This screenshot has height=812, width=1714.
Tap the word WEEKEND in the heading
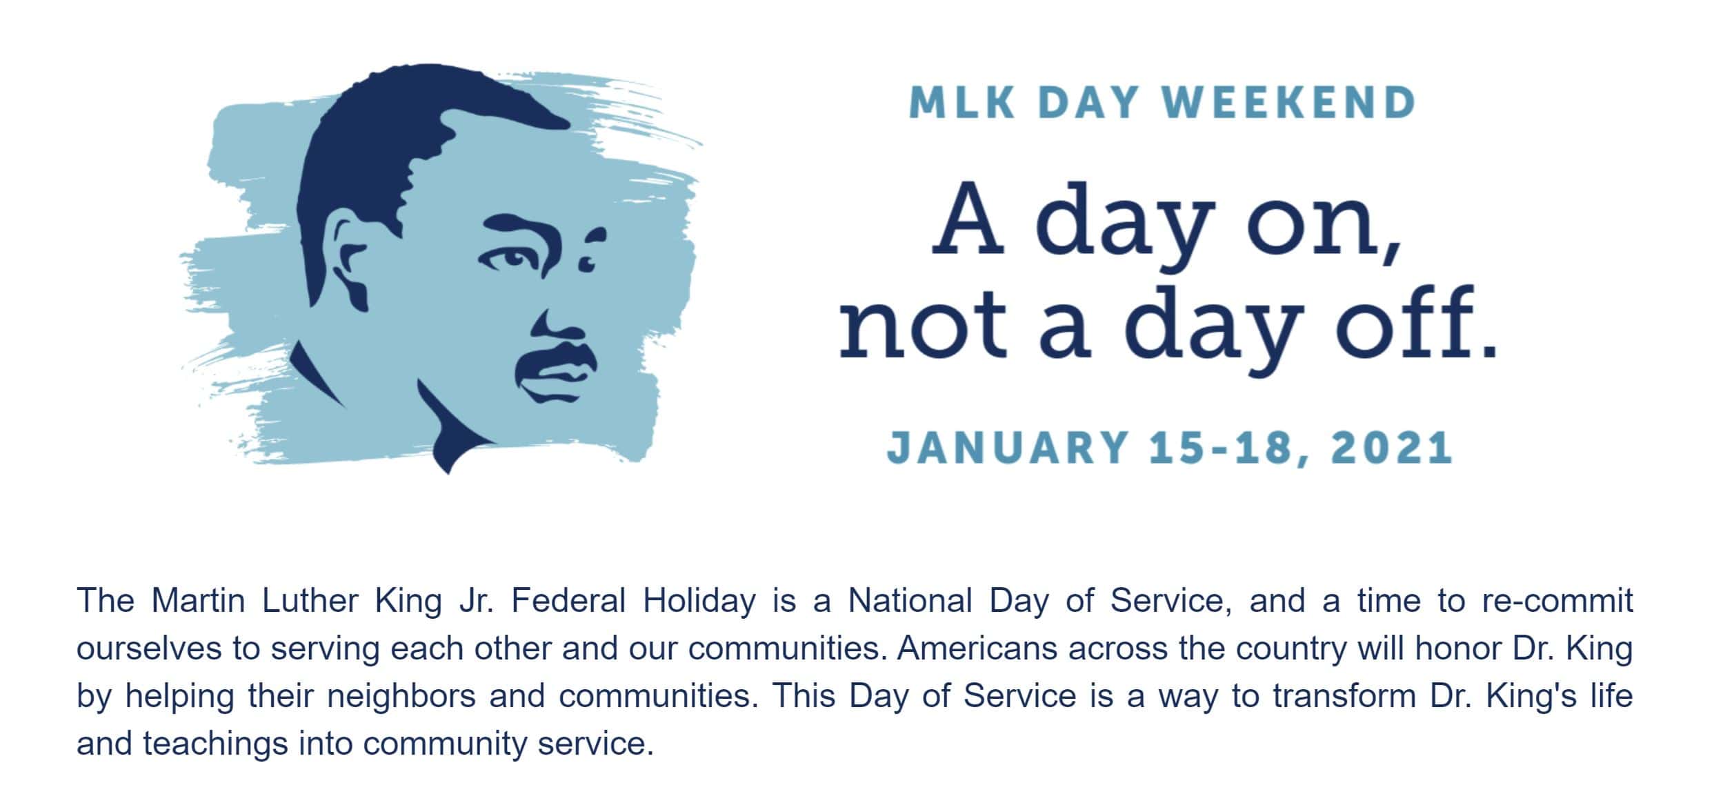[x=1288, y=103]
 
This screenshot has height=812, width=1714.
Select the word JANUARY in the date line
[x=1007, y=447]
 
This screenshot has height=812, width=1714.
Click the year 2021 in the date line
[x=1392, y=447]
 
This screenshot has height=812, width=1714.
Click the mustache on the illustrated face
[x=556, y=358]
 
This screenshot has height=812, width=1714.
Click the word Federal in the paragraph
[x=568, y=600]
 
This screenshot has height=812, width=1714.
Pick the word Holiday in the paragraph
[x=699, y=602]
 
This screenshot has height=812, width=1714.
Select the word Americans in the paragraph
[x=977, y=648]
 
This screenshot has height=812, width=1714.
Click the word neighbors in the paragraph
[x=401, y=696]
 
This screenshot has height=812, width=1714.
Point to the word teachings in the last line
[x=215, y=744]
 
